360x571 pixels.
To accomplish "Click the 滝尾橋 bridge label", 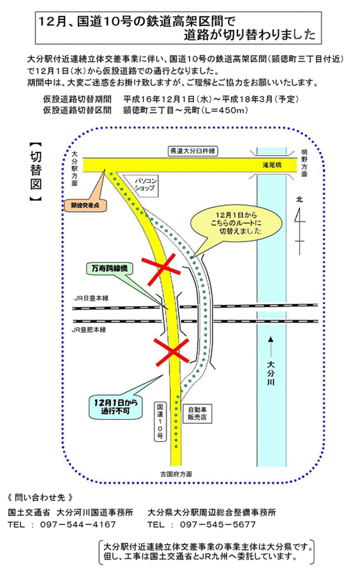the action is point(272,165).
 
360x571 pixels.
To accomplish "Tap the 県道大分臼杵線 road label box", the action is point(193,151).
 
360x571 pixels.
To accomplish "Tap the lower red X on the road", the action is point(171,351).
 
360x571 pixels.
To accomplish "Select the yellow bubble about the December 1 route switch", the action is point(237,223).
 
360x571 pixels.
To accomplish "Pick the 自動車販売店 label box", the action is point(197,413).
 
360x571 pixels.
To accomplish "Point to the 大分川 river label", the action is point(271,373).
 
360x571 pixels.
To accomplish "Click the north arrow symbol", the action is point(299,226).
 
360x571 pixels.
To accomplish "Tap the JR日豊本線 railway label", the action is point(92,299).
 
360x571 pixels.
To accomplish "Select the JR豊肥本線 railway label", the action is point(89,330).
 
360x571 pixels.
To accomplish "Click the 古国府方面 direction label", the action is point(176,474).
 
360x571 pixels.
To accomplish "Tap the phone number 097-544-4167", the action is point(78,525).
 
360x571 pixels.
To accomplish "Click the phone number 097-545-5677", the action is point(218,525).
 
